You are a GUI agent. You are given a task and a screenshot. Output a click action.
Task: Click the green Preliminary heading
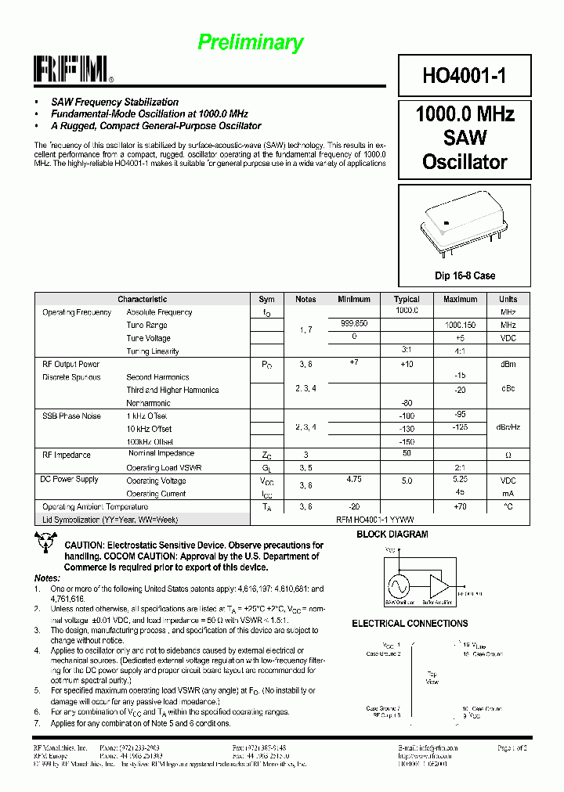pyautogui.click(x=250, y=42)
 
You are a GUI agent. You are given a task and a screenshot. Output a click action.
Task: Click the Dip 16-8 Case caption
pyautogui.click(x=465, y=275)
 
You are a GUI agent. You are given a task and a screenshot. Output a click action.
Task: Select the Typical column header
pyautogui.click(x=407, y=299)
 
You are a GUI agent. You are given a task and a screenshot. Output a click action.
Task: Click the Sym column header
pyautogui.click(x=266, y=299)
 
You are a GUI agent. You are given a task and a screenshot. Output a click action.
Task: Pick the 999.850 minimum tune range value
pyautogui.click(x=354, y=322)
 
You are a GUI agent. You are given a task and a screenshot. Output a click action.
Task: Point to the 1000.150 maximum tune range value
pyautogui.click(x=460, y=325)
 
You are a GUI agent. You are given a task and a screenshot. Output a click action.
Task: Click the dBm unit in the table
pyautogui.click(x=508, y=364)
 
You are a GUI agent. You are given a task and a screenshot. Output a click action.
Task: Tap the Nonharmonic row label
pyautogui.click(x=148, y=403)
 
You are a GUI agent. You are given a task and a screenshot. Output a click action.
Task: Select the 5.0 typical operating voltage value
pyautogui.click(x=407, y=481)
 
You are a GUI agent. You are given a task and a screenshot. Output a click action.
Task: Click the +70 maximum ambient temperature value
pyautogui.click(x=460, y=506)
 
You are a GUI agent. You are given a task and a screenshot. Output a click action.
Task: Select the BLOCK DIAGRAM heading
pyautogui.click(x=392, y=535)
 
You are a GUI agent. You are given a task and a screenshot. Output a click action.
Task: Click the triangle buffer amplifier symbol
pyautogui.click(x=439, y=586)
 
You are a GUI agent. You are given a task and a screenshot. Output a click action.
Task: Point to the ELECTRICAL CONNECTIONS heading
pyautogui.click(x=410, y=624)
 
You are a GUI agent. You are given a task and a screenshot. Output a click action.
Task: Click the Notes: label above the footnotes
pyautogui.click(x=47, y=577)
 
